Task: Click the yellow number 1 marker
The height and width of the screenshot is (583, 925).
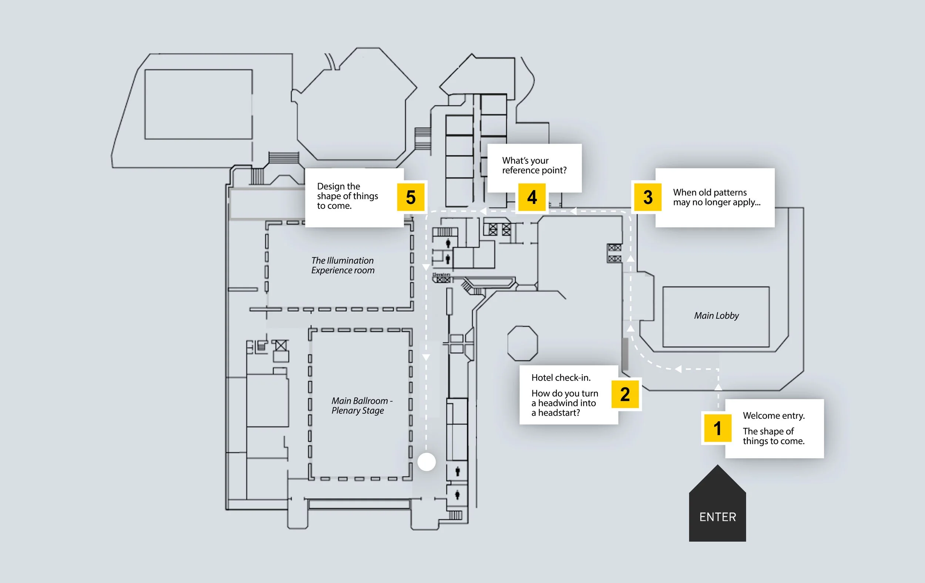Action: pyautogui.click(x=717, y=428)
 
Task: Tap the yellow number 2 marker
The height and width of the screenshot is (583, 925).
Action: pyautogui.click(x=625, y=394)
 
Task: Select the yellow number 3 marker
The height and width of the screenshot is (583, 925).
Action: pyautogui.click(x=647, y=197)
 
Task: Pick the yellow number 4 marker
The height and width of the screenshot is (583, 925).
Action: pyautogui.click(x=532, y=197)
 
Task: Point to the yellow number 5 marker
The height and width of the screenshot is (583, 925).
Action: pyautogui.click(x=411, y=197)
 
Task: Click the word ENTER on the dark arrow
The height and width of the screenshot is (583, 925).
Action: pyautogui.click(x=717, y=517)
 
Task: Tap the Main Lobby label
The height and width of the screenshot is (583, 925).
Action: pyautogui.click(x=716, y=315)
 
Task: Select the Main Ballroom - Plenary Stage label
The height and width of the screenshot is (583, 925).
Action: pyautogui.click(x=361, y=405)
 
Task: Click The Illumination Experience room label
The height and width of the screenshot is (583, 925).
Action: pyautogui.click(x=343, y=265)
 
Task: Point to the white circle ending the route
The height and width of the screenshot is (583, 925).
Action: pyautogui.click(x=426, y=462)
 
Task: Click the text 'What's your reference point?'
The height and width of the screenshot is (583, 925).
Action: pyautogui.click(x=534, y=165)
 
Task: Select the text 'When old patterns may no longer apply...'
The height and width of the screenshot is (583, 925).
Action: pyautogui.click(x=716, y=197)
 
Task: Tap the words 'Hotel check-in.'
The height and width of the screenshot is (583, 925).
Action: pyautogui.click(x=561, y=378)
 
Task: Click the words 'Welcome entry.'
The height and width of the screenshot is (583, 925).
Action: pyautogui.click(x=774, y=415)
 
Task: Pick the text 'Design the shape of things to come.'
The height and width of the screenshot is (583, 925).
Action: pyautogui.click(x=347, y=196)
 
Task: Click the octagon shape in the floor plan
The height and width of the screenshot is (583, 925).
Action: pyautogui.click(x=522, y=343)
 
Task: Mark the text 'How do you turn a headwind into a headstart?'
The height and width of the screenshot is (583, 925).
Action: pyautogui.click(x=565, y=403)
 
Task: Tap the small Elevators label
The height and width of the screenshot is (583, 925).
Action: pyautogui.click(x=441, y=275)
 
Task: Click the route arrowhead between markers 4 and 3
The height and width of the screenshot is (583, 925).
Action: pyautogui.click(x=573, y=211)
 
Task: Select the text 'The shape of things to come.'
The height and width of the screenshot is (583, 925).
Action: pyautogui.click(x=773, y=436)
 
